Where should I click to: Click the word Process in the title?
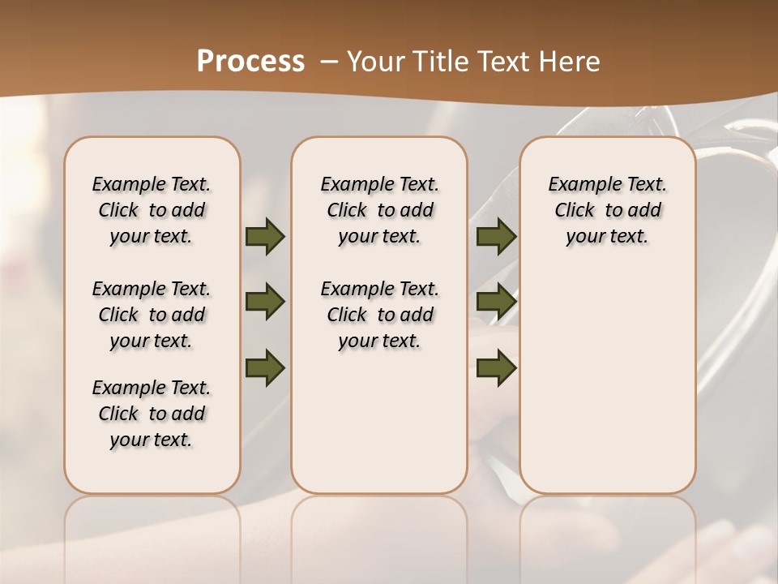pyautogui.click(x=250, y=62)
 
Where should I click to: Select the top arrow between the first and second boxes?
pyautogui.click(x=265, y=237)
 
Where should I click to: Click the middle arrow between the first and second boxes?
pyautogui.click(x=265, y=303)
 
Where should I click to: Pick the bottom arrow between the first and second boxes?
pyautogui.click(x=265, y=367)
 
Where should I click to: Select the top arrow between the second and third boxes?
pyautogui.click(x=496, y=237)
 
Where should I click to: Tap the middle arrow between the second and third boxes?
pyautogui.click(x=496, y=303)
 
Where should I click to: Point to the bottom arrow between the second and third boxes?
pyautogui.click(x=496, y=367)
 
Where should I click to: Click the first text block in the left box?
pyautogui.click(x=152, y=210)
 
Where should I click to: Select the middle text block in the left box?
pyautogui.click(x=152, y=315)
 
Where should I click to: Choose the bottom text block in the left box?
pyautogui.click(x=152, y=414)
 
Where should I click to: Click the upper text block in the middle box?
pyautogui.click(x=379, y=210)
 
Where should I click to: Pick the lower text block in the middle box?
pyautogui.click(x=379, y=315)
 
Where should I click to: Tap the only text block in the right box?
pyautogui.click(x=608, y=210)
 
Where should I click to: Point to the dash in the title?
pyautogui.click(x=329, y=62)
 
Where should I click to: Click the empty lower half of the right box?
pyautogui.click(x=608, y=389)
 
